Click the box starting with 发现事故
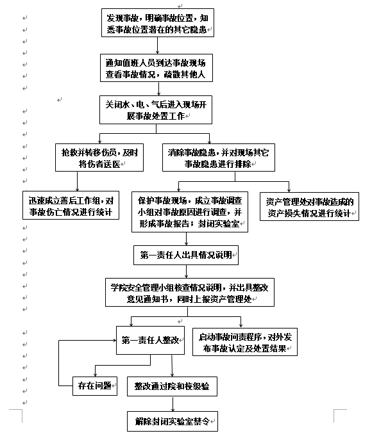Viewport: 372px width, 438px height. pyautogui.click(x=158, y=22)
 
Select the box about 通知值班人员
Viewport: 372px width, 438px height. pyautogui.click(x=156, y=68)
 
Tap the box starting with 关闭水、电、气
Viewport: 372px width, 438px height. pyautogui.click(x=156, y=109)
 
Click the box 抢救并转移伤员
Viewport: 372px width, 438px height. pyautogui.click(x=99, y=158)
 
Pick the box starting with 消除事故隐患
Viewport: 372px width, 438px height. pyautogui.click(x=219, y=158)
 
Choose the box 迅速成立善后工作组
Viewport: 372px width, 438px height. pyautogui.click(x=71, y=206)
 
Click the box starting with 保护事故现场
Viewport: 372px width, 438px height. pyautogui.click(x=190, y=212)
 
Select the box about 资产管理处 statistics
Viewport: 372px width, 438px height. pyautogui.click(x=309, y=207)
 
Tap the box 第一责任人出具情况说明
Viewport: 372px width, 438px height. pyautogui.click(x=186, y=255)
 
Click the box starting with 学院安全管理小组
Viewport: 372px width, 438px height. pyautogui.click(x=190, y=293)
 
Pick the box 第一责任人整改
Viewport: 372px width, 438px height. pyautogui.click(x=150, y=340)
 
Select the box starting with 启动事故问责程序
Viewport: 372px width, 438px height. pyautogui.click(x=245, y=342)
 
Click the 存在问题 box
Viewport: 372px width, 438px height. pyautogui.click(x=95, y=386)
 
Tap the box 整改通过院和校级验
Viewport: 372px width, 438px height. pyautogui.click(x=172, y=386)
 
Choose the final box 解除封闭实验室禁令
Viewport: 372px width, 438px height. pyautogui.click(x=173, y=421)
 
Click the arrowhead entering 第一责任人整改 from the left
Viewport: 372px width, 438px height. pyautogui.click(x=114, y=340)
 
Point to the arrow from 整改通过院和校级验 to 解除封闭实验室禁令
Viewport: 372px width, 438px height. pyautogui.click(x=173, y=403)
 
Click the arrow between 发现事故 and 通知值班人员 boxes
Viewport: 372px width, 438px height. pyautogui.click(x=158, y=45)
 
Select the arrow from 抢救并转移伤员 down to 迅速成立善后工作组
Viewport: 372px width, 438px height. pyautogui.click(x=77, y=181)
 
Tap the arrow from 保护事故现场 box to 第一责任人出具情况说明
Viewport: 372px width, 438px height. pyautogui.click(x=186, y=239)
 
